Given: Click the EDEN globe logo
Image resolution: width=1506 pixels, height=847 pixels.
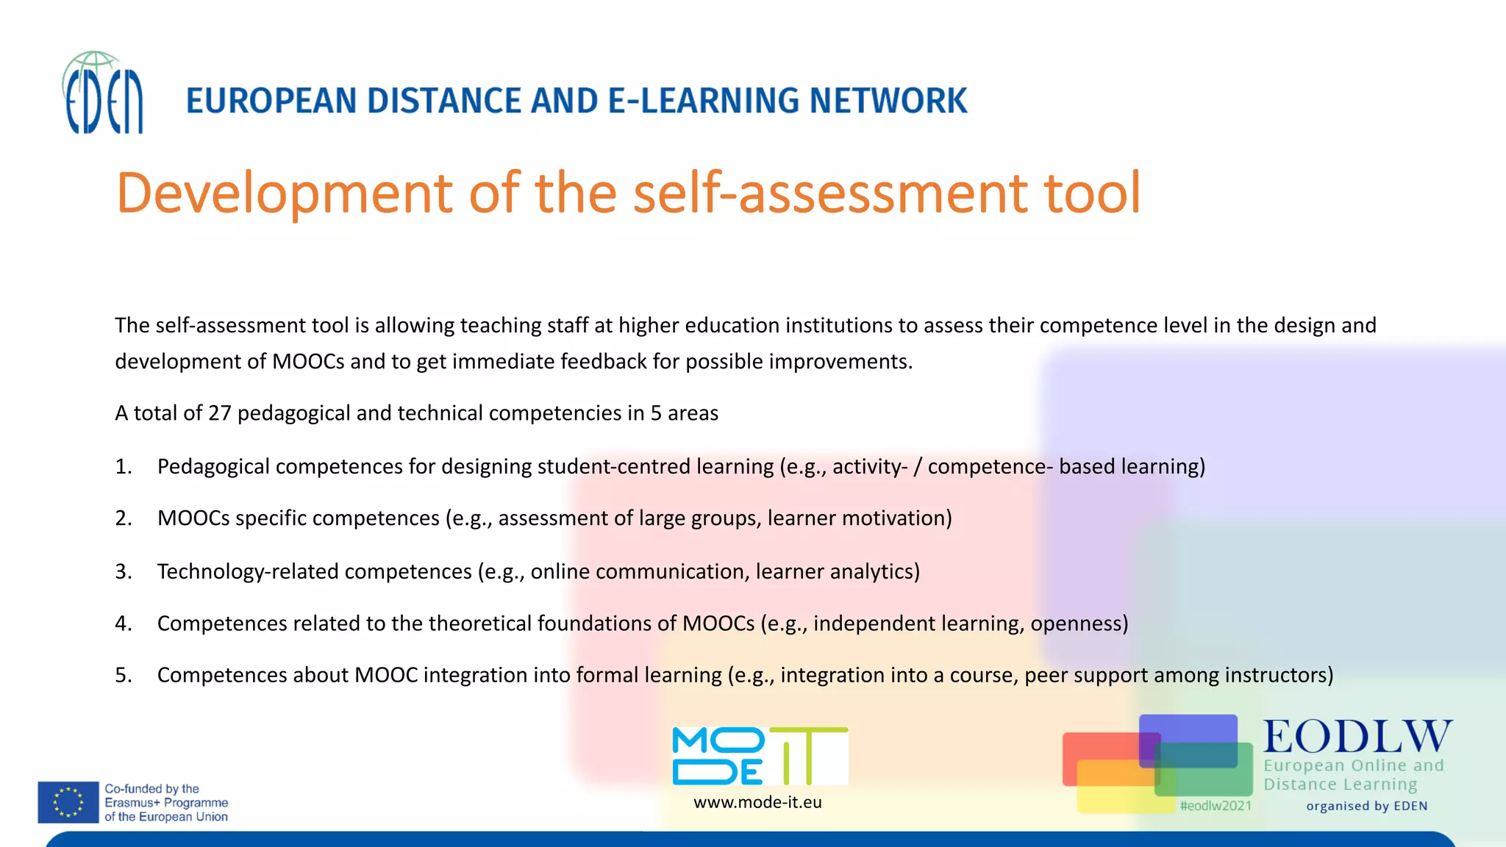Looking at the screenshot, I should [x=103, y=93].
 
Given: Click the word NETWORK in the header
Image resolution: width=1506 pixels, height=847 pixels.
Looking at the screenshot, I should [x=888, y=101].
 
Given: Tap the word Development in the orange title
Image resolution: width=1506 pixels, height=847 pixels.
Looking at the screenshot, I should [x=284, y=193].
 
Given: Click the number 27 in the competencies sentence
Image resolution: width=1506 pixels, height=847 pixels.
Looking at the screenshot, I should [x=219, y=413].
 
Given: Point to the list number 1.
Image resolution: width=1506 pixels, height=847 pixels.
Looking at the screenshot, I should [x=123, y=467].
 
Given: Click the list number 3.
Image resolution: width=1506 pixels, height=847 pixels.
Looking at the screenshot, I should [x=123, y=572].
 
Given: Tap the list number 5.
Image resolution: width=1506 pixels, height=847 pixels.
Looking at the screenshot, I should [x=123, y=675].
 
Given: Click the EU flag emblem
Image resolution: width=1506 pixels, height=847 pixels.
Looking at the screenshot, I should [x=68, y=802].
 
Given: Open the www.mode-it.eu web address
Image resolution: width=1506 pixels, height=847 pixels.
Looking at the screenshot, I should [x=757, y=802].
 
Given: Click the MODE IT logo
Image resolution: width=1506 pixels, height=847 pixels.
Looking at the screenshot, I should [x=760, y=756].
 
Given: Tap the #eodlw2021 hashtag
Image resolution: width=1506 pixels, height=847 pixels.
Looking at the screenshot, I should [x=1216, y=806].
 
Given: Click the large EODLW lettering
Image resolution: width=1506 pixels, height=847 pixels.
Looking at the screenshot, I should [x=1357, y=737].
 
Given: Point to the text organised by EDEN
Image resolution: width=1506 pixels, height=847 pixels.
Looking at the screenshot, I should [x=1366, y=806].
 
